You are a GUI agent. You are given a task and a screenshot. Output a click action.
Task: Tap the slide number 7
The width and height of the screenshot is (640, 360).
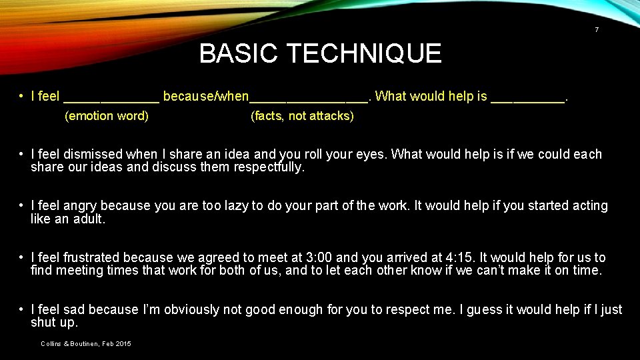596,30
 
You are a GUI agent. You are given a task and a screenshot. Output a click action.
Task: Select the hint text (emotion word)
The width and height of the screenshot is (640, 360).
106,116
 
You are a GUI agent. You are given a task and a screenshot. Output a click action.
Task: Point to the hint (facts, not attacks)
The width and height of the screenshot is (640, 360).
302,116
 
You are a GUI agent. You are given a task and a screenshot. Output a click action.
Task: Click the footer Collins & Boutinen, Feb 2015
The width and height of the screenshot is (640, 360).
85,343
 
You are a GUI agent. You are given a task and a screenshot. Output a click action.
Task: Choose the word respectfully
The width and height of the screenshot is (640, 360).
269,167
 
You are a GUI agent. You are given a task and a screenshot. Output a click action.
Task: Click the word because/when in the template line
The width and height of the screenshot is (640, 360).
205,96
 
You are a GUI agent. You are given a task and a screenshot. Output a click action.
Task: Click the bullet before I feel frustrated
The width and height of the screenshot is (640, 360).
22,257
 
